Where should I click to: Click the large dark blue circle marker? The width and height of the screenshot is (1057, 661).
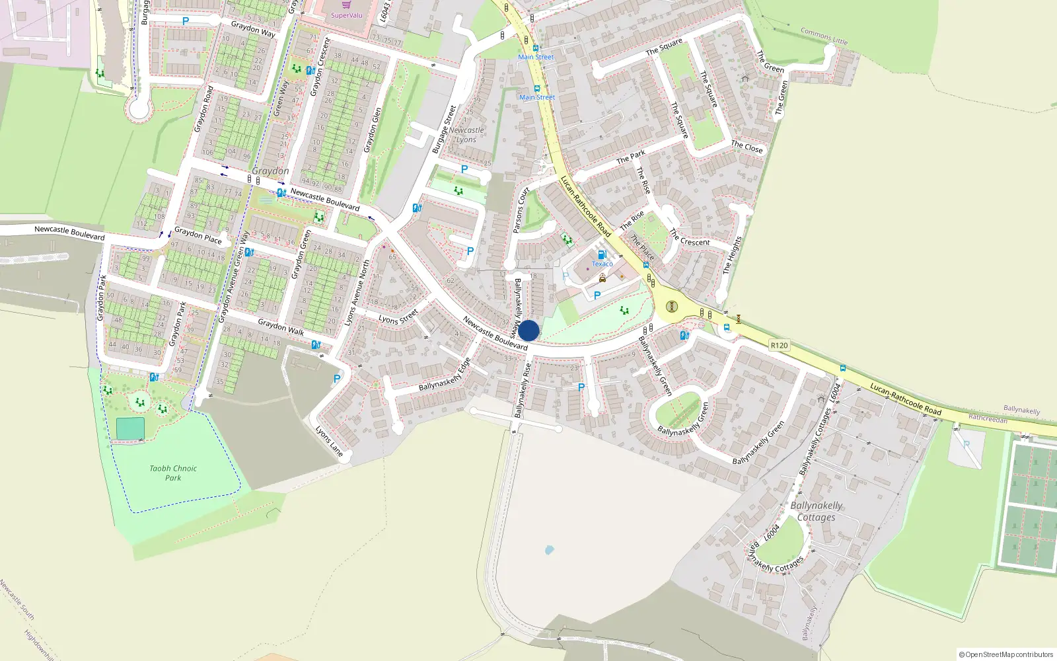click(x=528, y=330)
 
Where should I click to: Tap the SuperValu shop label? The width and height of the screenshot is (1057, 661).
click(x=347, y=15)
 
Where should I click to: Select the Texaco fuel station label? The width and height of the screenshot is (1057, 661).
click(x=602, y=264)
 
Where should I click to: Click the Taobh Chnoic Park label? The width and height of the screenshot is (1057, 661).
click(x=173, y=473)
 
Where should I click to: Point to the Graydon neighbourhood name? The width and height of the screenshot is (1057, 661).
click(x=270, y=171)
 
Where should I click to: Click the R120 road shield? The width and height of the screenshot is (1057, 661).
click(x=779, y=345)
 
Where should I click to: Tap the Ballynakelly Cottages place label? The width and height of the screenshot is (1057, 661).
click(x=817, y=512)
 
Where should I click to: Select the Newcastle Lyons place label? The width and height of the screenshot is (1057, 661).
click(x=466, y=135)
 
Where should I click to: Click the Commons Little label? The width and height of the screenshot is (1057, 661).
click(x=824, y=36)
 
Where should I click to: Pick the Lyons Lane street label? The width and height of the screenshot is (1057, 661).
click(x=329, y=441)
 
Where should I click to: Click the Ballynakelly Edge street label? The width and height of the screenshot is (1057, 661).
click(x=445, y=375)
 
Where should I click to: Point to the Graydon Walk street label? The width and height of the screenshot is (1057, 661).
click(x=281, y=327)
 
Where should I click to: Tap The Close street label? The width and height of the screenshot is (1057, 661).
click(x=747, y=147)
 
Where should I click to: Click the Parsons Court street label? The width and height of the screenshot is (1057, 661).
click(x=522, y=210)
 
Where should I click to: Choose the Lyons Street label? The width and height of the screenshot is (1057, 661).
click(x=398, y=317)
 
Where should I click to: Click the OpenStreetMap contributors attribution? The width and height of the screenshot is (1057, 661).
click(x=1005, y=654)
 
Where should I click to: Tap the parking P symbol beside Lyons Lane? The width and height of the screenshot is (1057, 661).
click(x=337, y=379)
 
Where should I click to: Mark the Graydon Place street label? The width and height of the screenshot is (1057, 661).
click(x=198, y=235)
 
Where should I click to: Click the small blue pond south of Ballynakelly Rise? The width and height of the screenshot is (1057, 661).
click(x=548, y=550)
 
